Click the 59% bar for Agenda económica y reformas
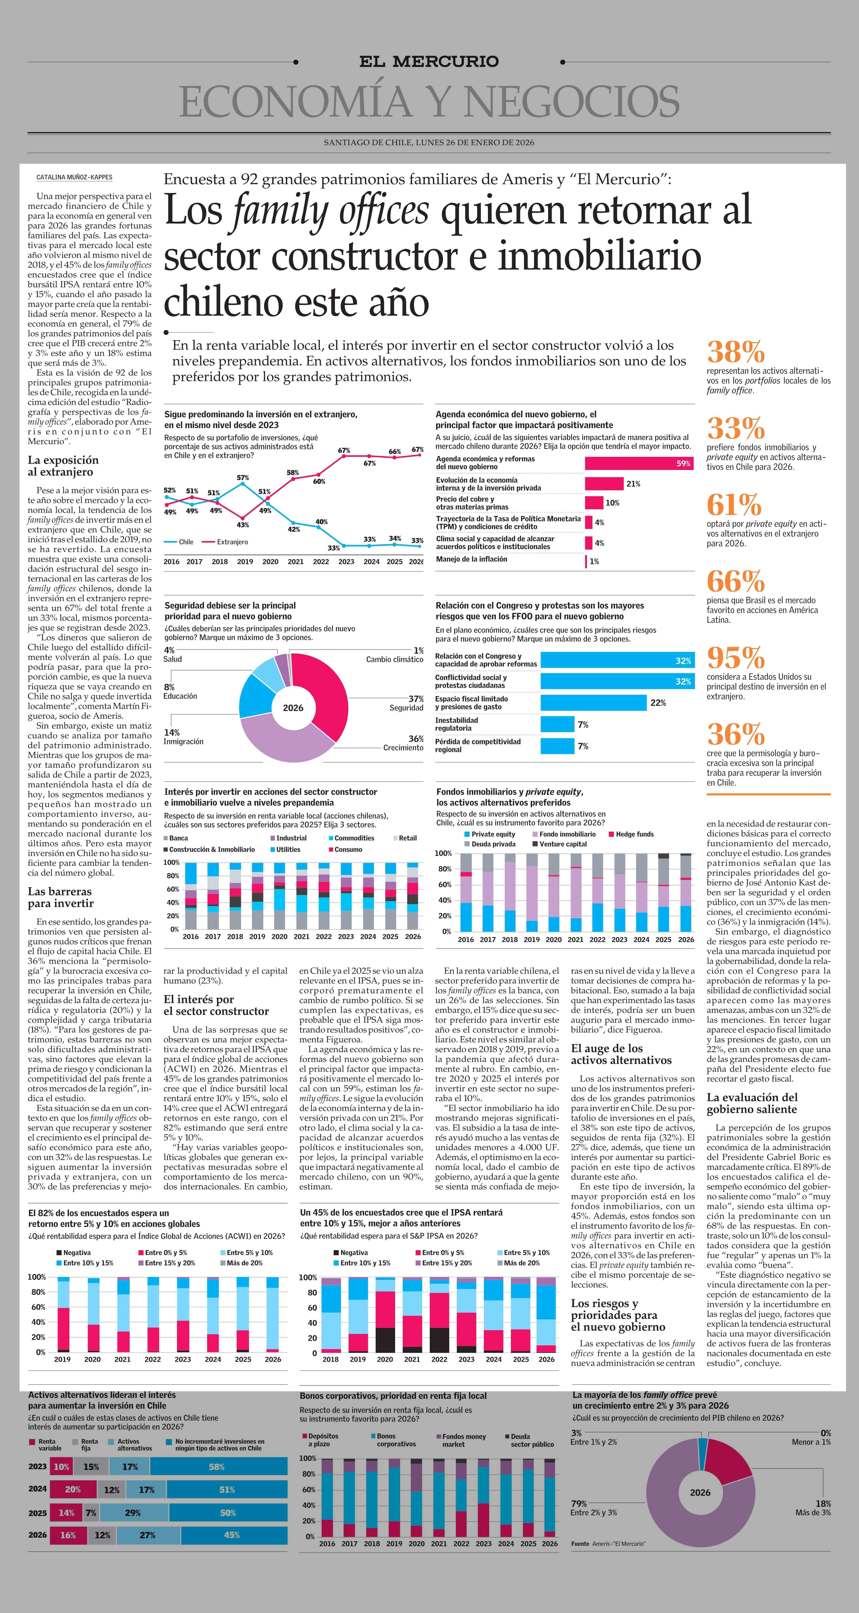[639, 463]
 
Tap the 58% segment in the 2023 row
[217, 1467]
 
